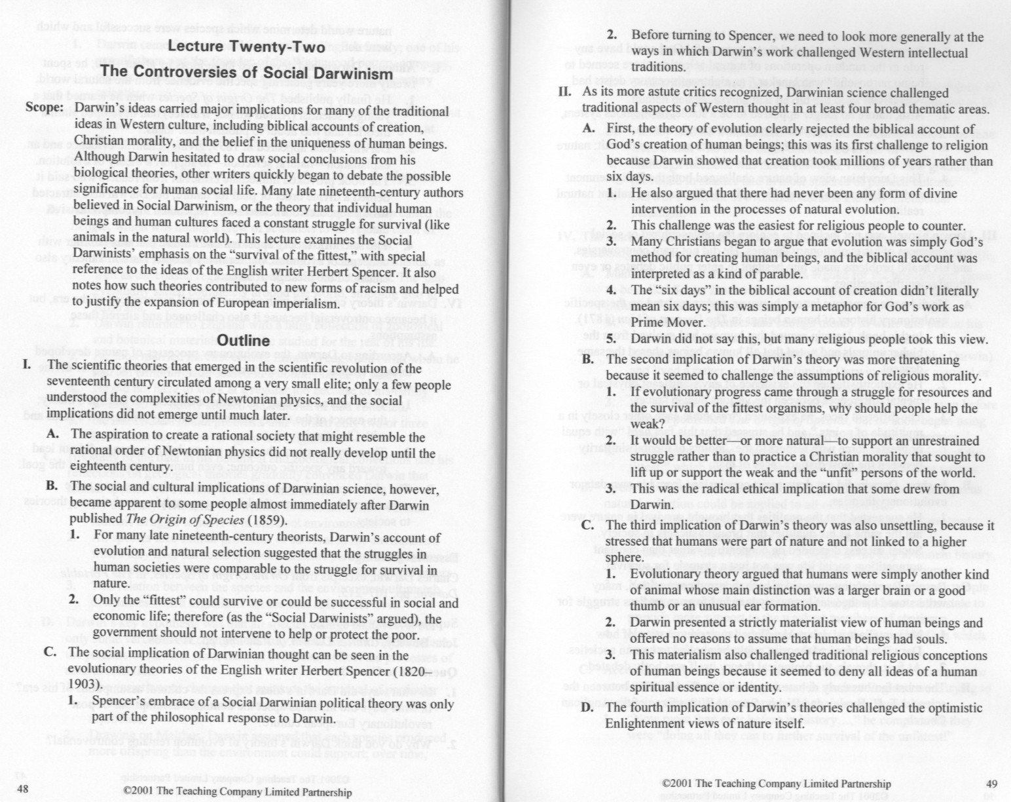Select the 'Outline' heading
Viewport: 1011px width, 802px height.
[243, 341]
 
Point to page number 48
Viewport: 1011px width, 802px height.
[22, 789]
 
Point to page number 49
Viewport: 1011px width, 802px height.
[991, 783]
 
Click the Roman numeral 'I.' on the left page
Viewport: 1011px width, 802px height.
[29, 366]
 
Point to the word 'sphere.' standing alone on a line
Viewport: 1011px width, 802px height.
[625, 558]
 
